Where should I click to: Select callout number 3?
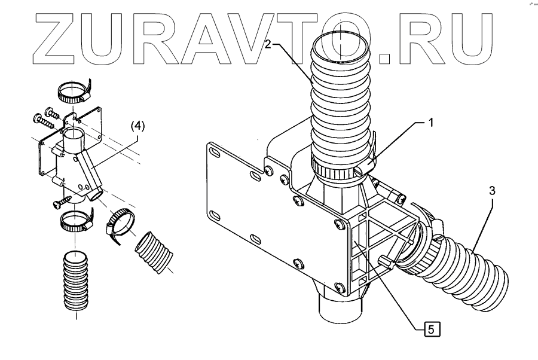point(491,191)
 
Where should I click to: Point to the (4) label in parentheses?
point(137,126)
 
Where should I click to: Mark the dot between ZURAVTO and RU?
point(385,56)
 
